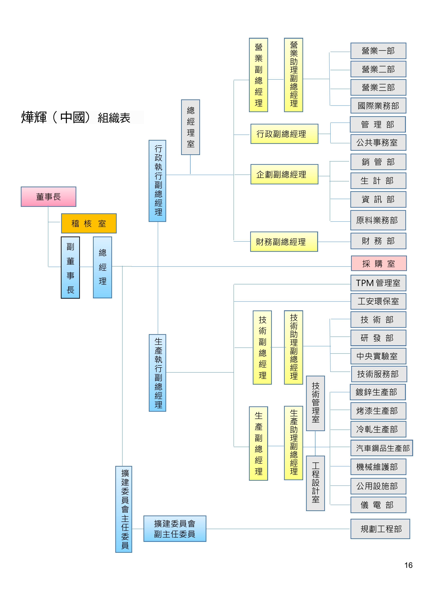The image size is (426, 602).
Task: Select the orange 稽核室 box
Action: point(89,223)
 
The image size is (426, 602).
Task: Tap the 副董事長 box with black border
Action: point(70,267)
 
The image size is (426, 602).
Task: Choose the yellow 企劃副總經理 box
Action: point(284,174)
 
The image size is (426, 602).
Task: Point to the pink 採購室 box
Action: point(379,263)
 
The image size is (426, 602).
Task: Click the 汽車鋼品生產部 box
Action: point(382,448)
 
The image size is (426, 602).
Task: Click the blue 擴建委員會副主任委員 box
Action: point(175,529)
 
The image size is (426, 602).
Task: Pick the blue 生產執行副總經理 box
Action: point(157,373)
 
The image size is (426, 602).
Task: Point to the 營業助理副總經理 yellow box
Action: point(294,75)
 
